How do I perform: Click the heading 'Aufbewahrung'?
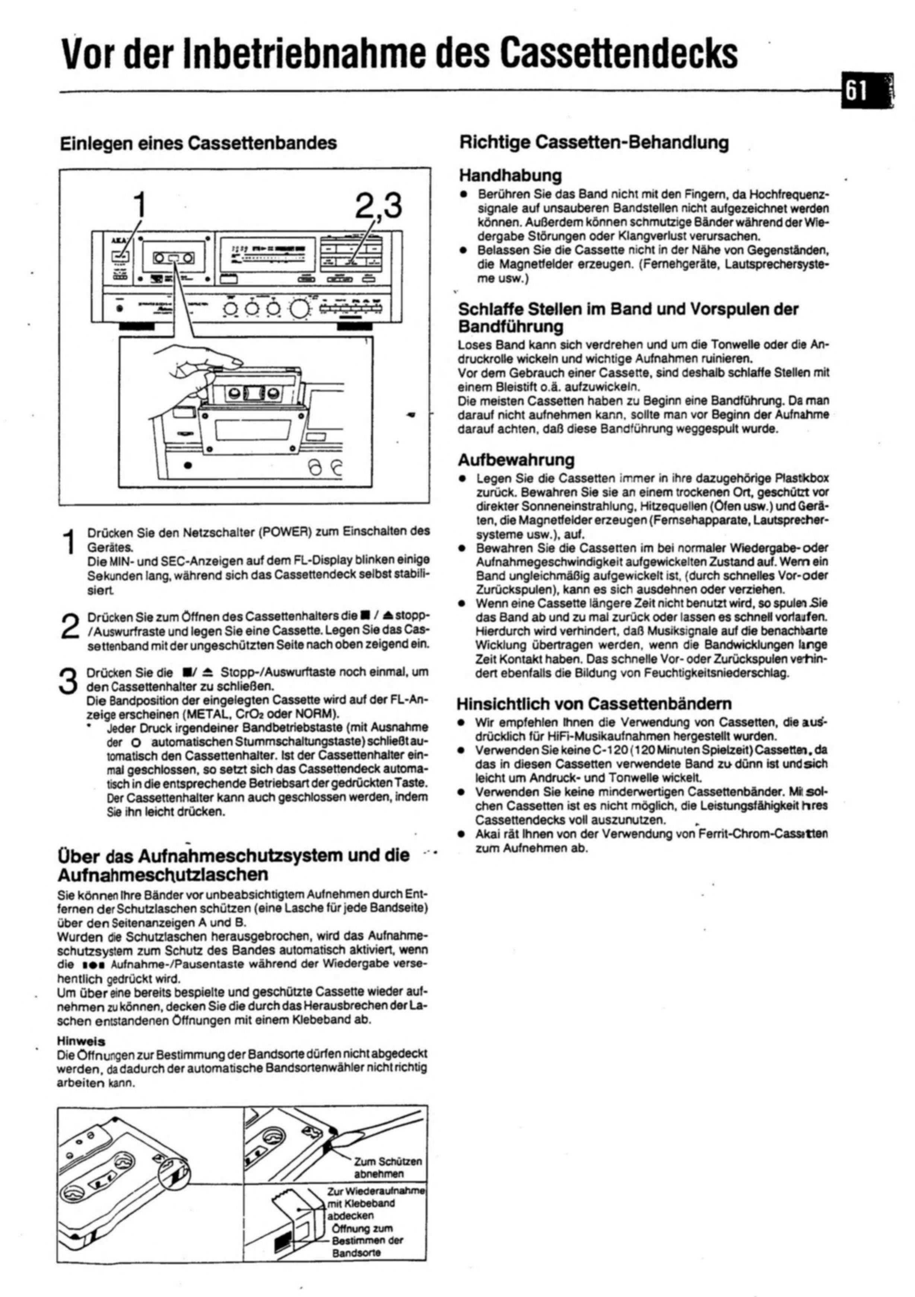click(x=515, y=459)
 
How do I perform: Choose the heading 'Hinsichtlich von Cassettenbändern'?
click(x=594, y=704)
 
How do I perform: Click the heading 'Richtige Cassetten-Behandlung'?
click(x=593, y=142)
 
